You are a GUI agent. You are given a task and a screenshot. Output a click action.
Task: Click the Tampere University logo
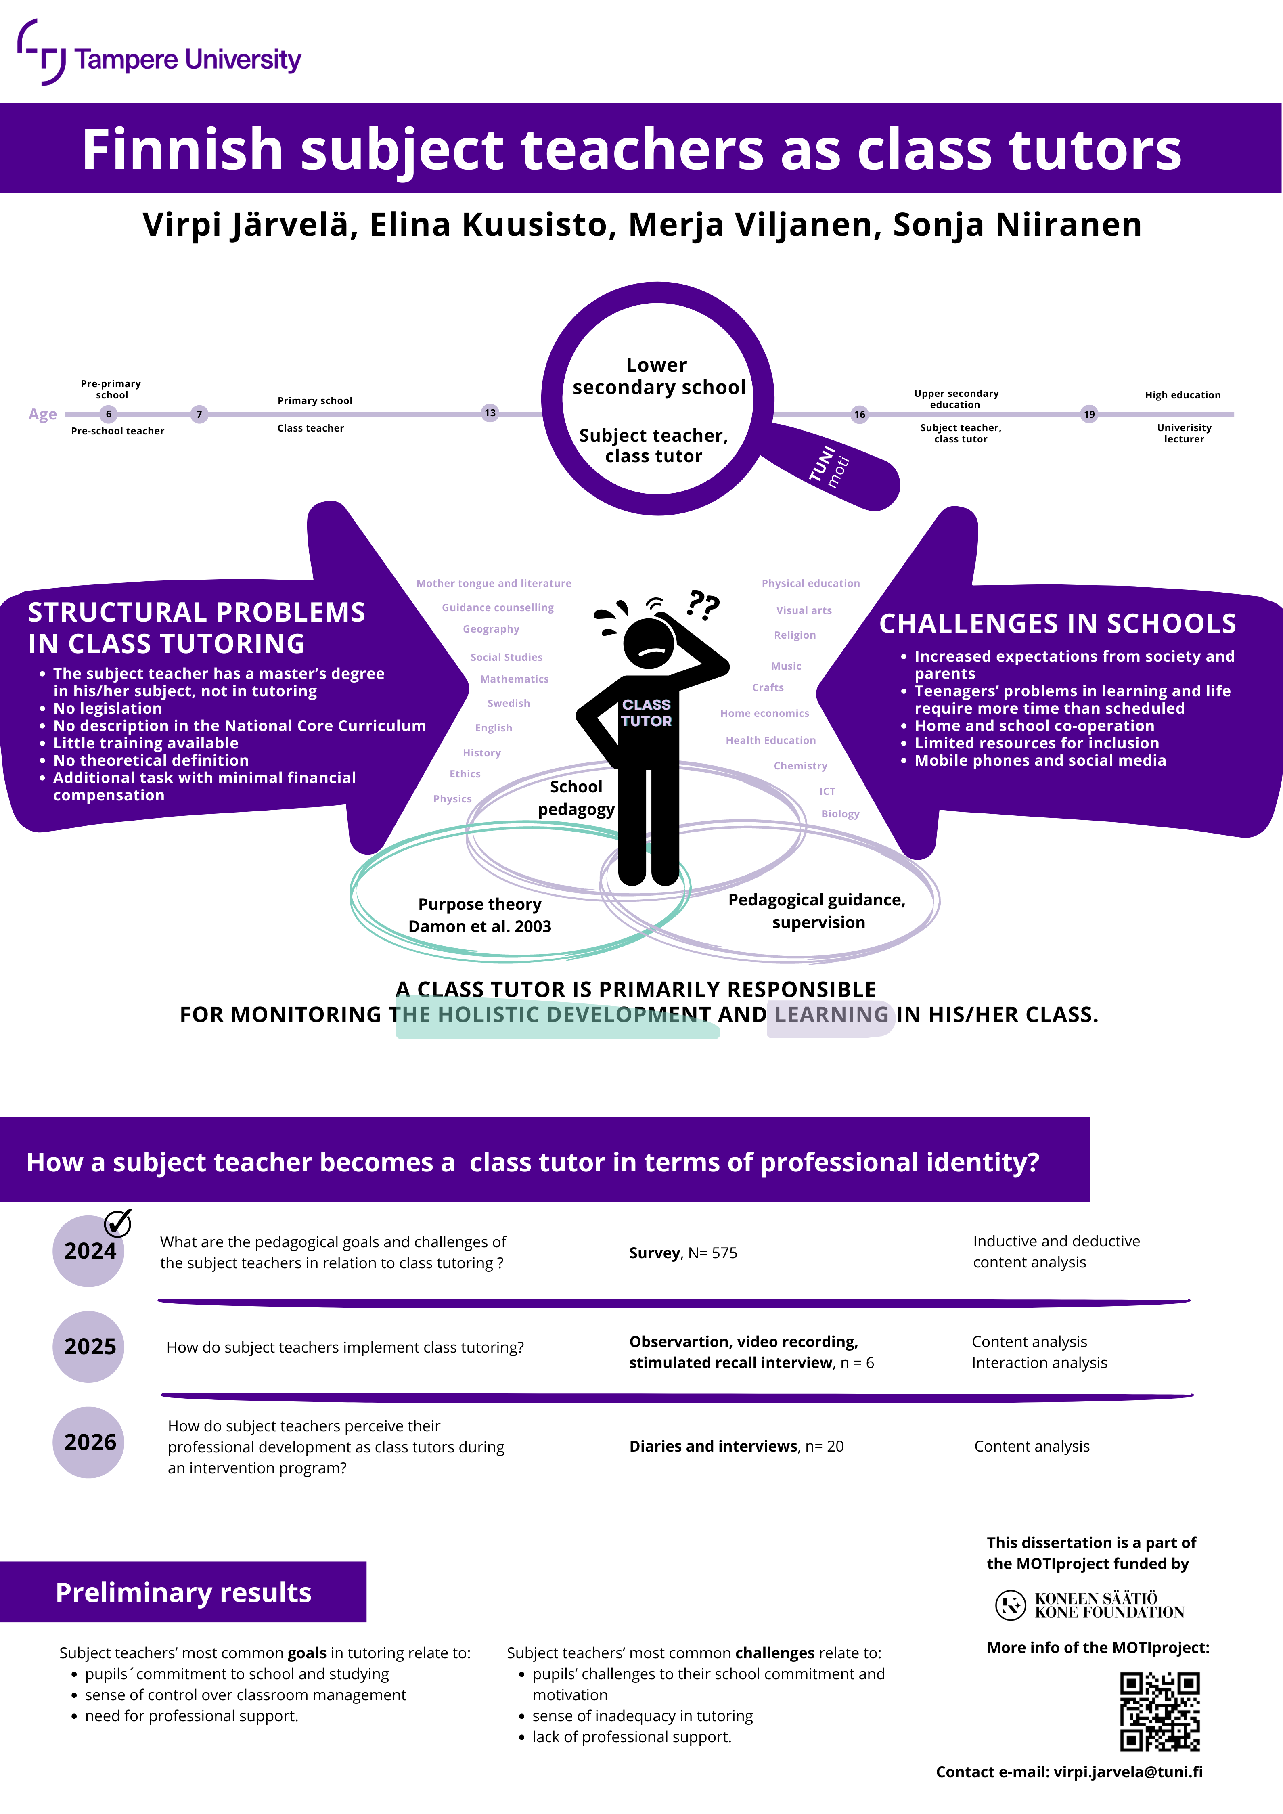point(158,53)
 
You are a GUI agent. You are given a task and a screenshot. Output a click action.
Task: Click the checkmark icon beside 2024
point(118,1223)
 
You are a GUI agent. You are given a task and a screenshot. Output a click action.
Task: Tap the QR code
point(1160,1711)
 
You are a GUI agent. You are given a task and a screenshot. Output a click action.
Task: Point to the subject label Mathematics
point(514,679)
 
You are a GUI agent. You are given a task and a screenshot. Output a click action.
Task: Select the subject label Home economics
point(765,713)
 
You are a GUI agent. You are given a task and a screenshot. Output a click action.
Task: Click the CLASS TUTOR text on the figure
point(646,713)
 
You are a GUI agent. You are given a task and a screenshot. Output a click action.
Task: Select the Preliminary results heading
point(183,1592)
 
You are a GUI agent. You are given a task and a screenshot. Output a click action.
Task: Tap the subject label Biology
point(840,814)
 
